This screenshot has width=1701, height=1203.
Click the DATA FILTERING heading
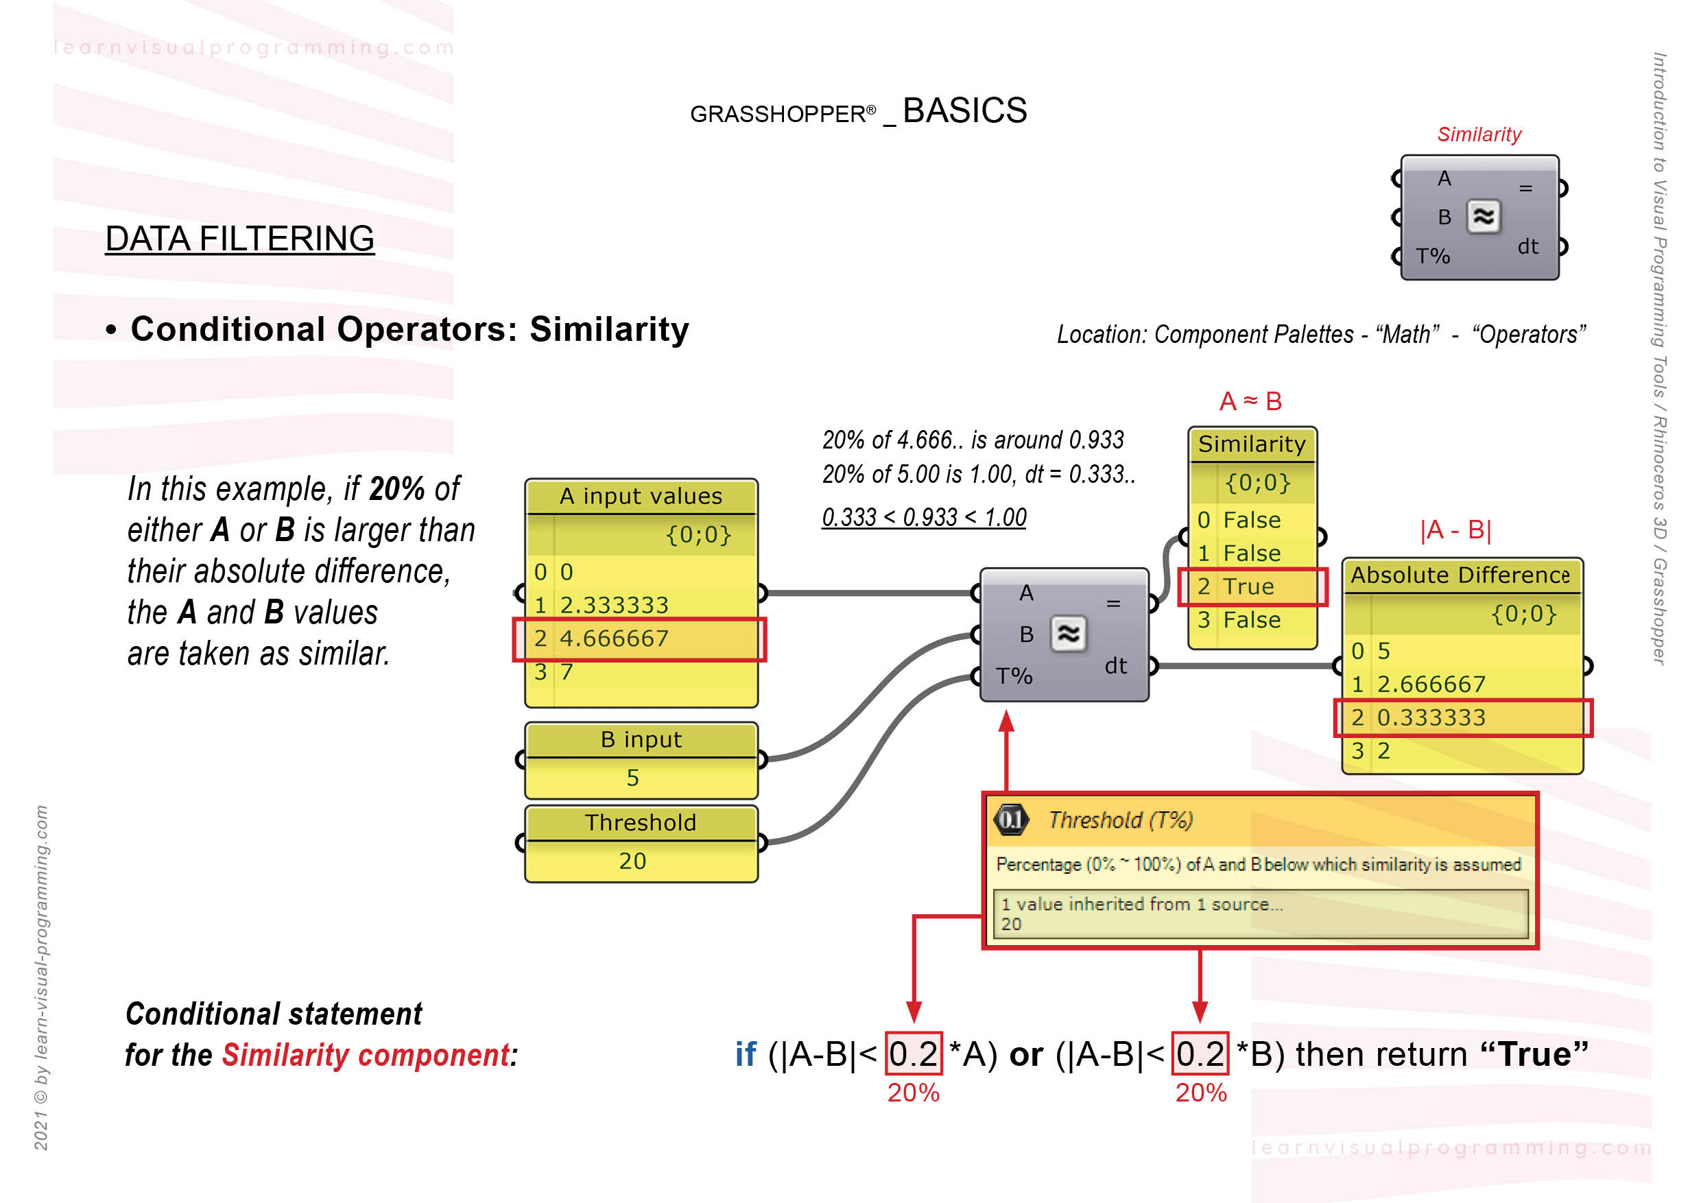(239, 239)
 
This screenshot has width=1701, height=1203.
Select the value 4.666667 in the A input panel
(613, 639)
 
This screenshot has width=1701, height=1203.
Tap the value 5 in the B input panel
(632, 778)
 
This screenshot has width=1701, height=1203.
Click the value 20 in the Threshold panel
(632, 861)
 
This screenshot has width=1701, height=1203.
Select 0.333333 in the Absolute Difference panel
(1431, 718)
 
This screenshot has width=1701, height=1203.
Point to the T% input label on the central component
(1014, 676)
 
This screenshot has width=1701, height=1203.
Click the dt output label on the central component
(1115, 666)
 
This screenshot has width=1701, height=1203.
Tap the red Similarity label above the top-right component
(1479, 135)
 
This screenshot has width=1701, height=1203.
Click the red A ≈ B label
(1250, 401)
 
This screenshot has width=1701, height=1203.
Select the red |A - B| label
(1455, 529)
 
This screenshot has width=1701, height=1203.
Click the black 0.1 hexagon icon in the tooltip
(1010, 820)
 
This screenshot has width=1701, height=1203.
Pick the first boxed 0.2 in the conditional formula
(914, 1053)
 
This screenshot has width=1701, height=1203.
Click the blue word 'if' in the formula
(746, 1054)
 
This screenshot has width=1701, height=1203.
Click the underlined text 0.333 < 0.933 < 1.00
(924, 517)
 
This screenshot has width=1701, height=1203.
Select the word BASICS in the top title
(964, 111)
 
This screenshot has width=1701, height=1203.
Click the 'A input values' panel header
(641, 497)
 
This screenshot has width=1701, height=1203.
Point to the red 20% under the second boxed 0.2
(1201, 1093)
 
